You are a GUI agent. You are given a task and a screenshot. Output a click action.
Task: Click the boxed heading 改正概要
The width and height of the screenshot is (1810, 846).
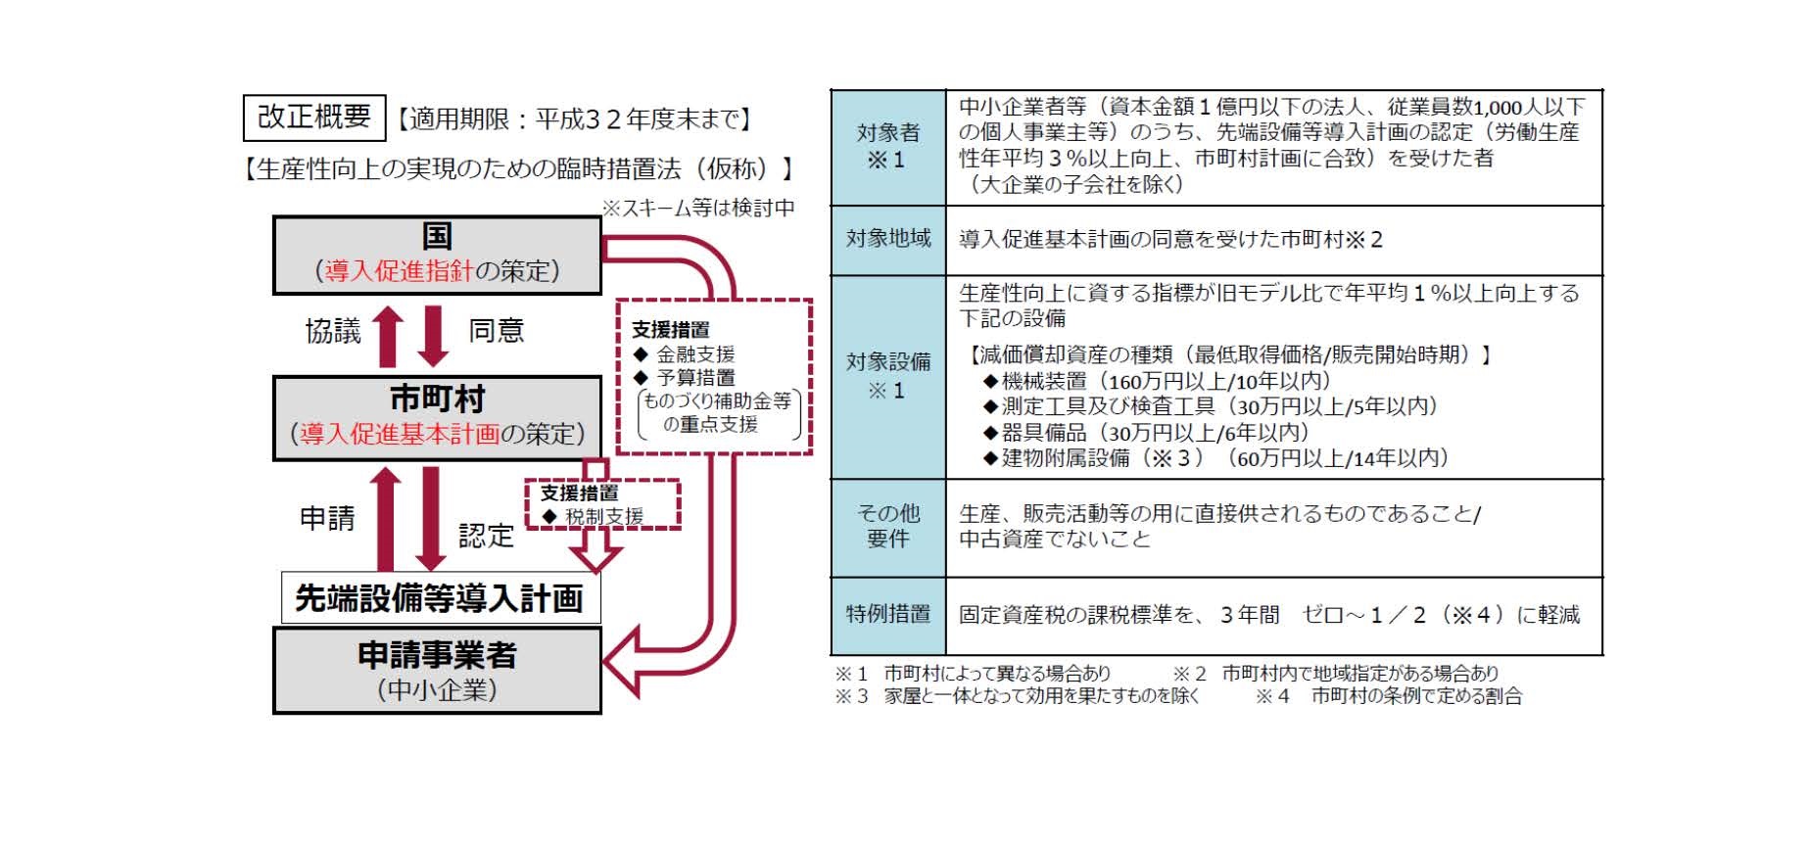tap(313, 117)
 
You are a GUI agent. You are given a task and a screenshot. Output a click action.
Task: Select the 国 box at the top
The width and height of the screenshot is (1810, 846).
tap(437, 255)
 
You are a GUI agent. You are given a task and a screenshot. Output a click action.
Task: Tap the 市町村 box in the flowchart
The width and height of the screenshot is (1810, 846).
tap(437, 417)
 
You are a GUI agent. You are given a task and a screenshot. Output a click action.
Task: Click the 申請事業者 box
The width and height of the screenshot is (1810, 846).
tap(437, 671)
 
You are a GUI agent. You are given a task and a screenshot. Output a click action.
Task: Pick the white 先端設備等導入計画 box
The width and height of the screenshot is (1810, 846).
tap(440, 598)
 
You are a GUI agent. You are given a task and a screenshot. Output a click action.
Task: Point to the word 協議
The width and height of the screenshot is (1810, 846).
tap(333, 331)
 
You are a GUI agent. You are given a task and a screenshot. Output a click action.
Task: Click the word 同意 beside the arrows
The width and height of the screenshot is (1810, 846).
tap(496, 331)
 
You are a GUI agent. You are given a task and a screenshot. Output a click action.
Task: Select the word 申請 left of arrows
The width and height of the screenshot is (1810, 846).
tap(327, 518)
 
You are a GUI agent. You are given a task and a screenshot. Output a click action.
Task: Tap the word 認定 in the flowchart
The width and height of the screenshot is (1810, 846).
tap(486, 536)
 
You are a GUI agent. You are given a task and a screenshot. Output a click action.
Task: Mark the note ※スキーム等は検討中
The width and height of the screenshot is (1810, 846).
tap(697, 208)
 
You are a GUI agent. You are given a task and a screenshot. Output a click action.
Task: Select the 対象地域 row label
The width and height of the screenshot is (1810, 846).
tap(888, 239)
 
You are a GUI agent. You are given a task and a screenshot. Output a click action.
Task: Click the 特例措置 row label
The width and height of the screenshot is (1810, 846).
tap(888, 614)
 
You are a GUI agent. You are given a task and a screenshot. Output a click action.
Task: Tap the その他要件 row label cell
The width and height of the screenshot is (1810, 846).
tap(888, 526)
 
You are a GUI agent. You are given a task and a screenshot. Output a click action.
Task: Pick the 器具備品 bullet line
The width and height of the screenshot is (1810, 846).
tap(1146, 432)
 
